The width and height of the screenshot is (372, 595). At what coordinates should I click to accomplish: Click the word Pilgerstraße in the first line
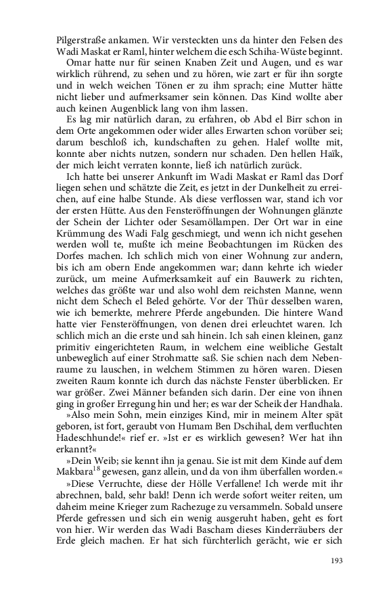tap(83, 40)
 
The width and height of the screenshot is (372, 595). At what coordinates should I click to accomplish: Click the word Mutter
tap(295, 90)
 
